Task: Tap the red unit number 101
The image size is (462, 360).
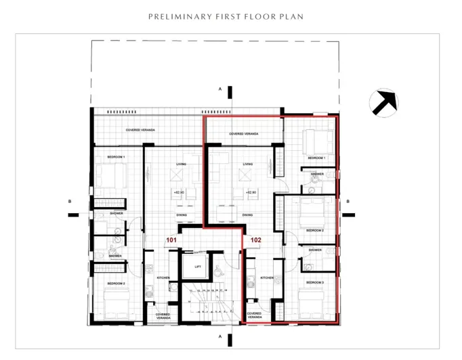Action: [x=172, y=240]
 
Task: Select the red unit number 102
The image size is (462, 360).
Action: [x=256, y=240]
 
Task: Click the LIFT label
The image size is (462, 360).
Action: [x=198, y=267]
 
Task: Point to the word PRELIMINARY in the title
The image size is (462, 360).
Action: [x=177, y=16]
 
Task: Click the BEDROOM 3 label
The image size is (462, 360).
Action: [x=315, y=282]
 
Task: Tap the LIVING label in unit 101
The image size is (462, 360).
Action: [x=181, y=164]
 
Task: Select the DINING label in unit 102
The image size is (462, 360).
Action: [x=247, y=215]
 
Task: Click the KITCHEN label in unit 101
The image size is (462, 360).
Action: [x=163, y=278]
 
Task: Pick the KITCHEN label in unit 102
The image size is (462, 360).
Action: [x=266, y=278]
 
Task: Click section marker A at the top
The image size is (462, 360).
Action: [x=219, y=89]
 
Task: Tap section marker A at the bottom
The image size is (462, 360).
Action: [x=219, y=336]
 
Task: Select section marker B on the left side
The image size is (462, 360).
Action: [x=70, y=201]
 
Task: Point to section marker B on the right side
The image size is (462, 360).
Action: [x=348, y=201]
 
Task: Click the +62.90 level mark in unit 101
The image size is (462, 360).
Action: [x=180, y=193]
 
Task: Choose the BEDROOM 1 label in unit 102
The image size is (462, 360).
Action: [x=316, y=158]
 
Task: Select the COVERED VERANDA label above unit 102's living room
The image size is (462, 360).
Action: [x=244, y=134]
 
